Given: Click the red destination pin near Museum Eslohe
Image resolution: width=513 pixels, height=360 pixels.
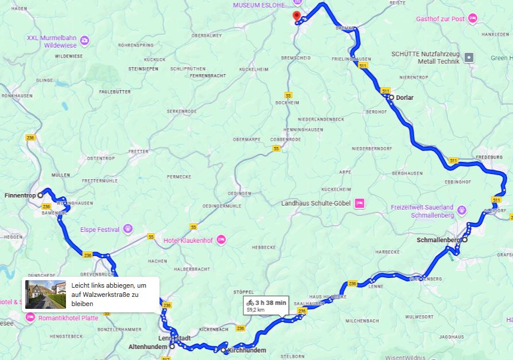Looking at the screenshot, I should point(296,16).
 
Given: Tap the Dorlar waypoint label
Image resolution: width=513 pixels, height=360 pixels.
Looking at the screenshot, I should point(405,98).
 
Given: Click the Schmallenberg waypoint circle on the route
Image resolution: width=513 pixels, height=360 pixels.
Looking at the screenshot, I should point(465,239).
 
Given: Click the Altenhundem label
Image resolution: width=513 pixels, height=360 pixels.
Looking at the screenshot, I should point(147,346).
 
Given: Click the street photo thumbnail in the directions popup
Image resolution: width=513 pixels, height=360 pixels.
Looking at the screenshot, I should point(46,294).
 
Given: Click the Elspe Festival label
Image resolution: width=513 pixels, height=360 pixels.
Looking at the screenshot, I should point(100,230).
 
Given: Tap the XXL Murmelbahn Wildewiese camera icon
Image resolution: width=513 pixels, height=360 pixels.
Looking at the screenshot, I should point(84,40).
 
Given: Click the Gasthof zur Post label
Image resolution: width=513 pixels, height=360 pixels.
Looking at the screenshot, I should point(441,19).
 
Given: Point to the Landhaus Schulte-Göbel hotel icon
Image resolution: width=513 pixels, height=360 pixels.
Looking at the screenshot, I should point(359,203).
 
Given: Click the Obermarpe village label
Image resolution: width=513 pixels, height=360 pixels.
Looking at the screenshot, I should point(247,140).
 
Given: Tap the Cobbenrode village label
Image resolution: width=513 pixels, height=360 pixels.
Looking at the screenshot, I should point(285,140).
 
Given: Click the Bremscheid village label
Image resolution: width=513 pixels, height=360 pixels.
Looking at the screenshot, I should point(296,59).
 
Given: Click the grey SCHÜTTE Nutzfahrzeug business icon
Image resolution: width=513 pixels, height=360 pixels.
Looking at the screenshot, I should point(469,57).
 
